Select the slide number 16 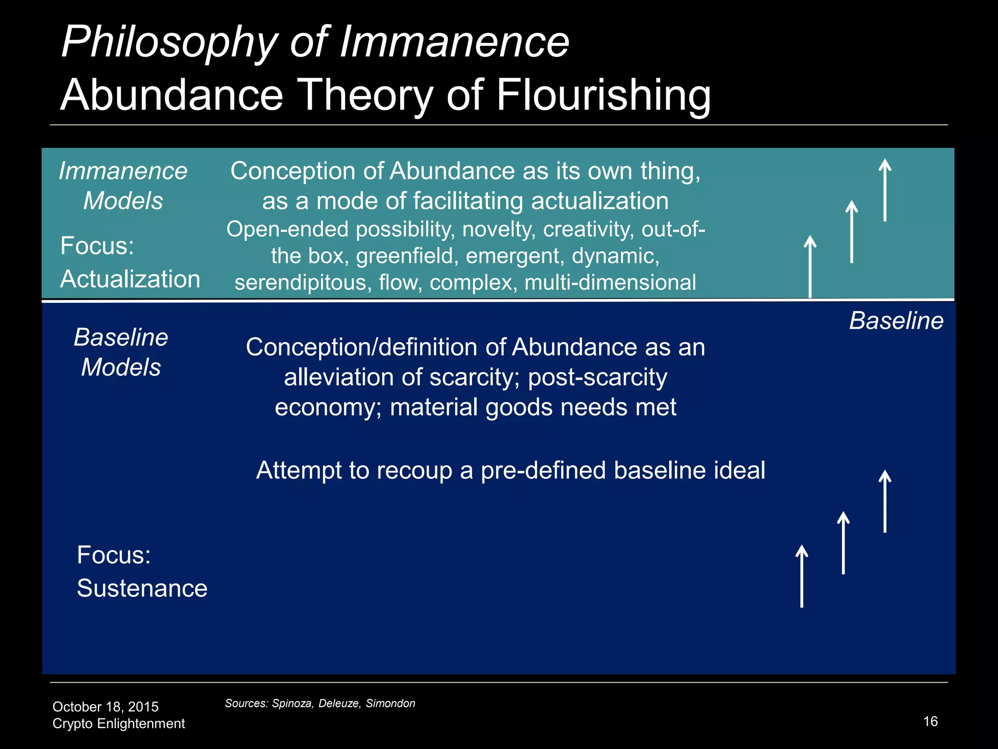click(930, 721)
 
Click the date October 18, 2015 click(105, 707)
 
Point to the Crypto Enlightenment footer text click(118, 723)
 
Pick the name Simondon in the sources click(390, 703)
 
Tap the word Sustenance click(142, 588)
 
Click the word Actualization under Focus click(130, 279)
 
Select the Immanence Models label click(123, 186)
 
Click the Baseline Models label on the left click(121, 352)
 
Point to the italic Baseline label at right click(896, 321)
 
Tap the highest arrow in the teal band click(885, 190)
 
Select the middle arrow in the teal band click(851, 232)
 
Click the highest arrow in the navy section click(885, 501)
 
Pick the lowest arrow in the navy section click(802, 576)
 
